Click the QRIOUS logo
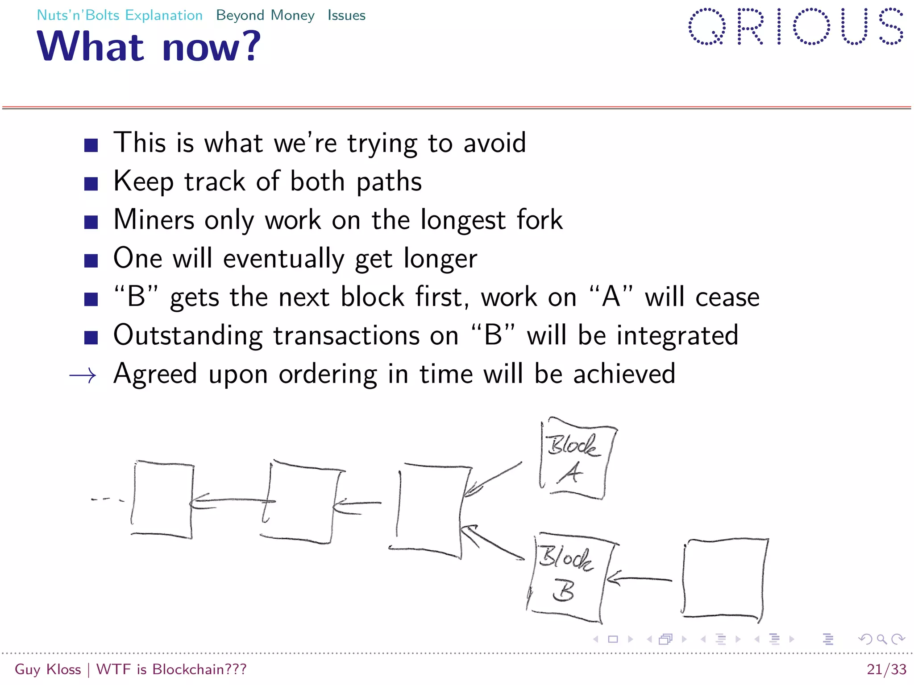point(796,27)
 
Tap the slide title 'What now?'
point(149,46)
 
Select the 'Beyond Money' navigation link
point(265,15)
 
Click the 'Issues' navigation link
point(346,15)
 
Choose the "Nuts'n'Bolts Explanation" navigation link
point(120,15)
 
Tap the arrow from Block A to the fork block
point(493,479)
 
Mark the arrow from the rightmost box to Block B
point(639,579)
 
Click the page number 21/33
point(886,669)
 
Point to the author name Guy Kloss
point(48,669)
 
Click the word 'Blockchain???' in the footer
point(199,669)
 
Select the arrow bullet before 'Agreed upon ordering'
point(83,376)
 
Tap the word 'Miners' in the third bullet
point(154,220)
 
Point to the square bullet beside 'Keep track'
point(91,183)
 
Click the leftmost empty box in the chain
point(162,499)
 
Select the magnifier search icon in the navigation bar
point(881,640)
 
